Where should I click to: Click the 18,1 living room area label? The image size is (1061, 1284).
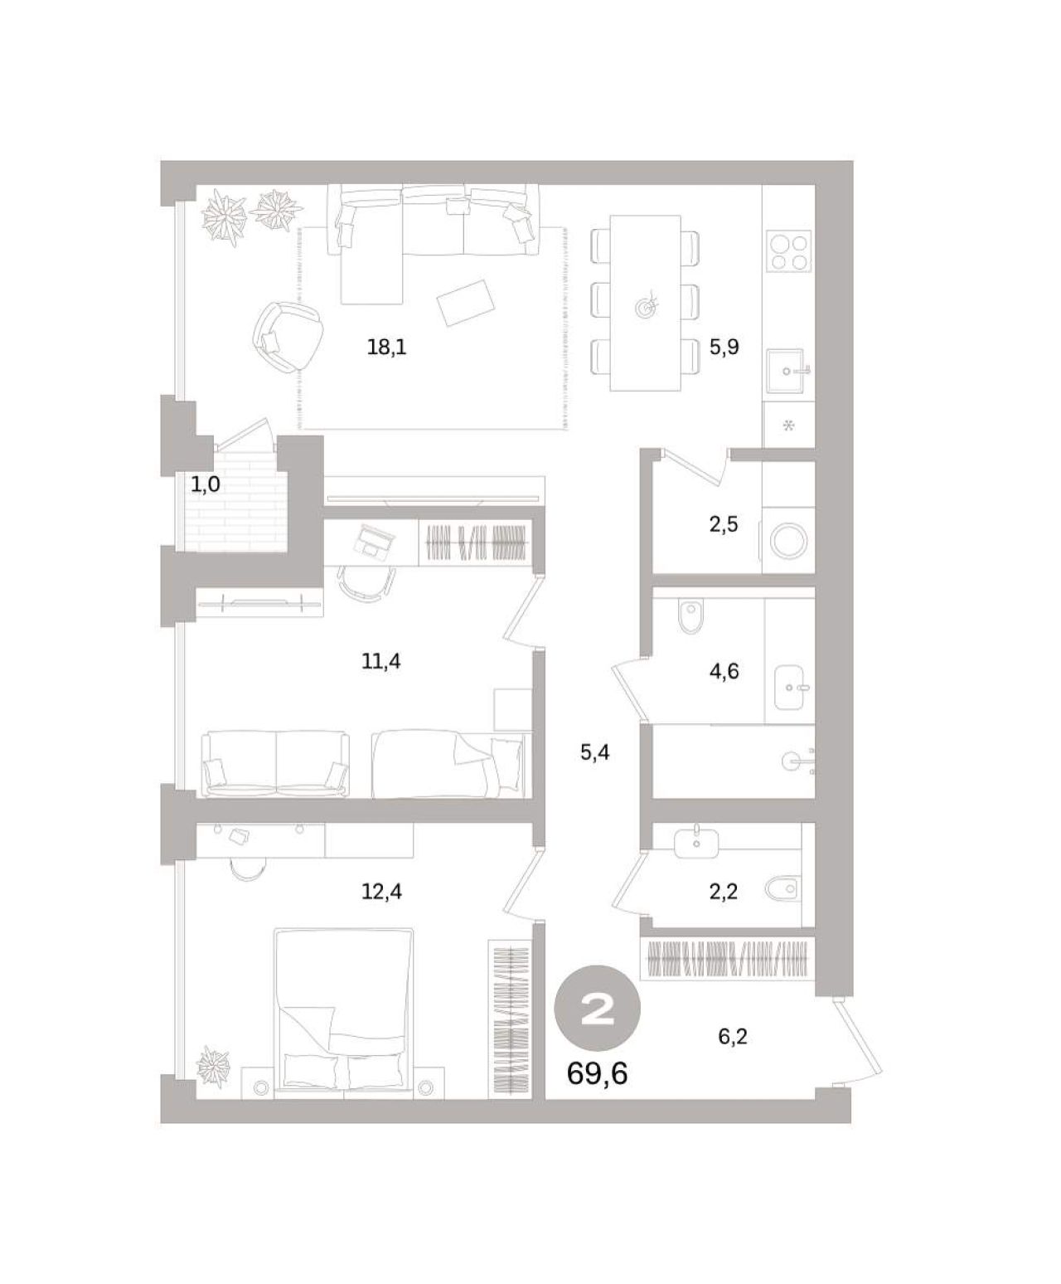(386, 348)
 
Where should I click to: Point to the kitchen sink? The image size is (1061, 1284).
(789, 370)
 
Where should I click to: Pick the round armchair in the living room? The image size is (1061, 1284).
(288, 336)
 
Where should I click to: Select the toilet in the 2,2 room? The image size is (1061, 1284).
(782, 888)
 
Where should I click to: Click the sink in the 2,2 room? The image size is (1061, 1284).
(695, 843)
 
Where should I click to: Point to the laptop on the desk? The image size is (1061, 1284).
(374, 541)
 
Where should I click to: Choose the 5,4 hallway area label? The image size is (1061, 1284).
(594, 752)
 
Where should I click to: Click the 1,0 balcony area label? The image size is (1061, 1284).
(206, 484)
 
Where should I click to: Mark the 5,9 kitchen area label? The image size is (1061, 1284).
(724, 348)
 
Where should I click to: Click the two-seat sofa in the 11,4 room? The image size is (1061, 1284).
(275, 764)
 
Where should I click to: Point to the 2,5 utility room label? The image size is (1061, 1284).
(724, 524)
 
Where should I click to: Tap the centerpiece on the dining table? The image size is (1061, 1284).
(646, 304)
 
